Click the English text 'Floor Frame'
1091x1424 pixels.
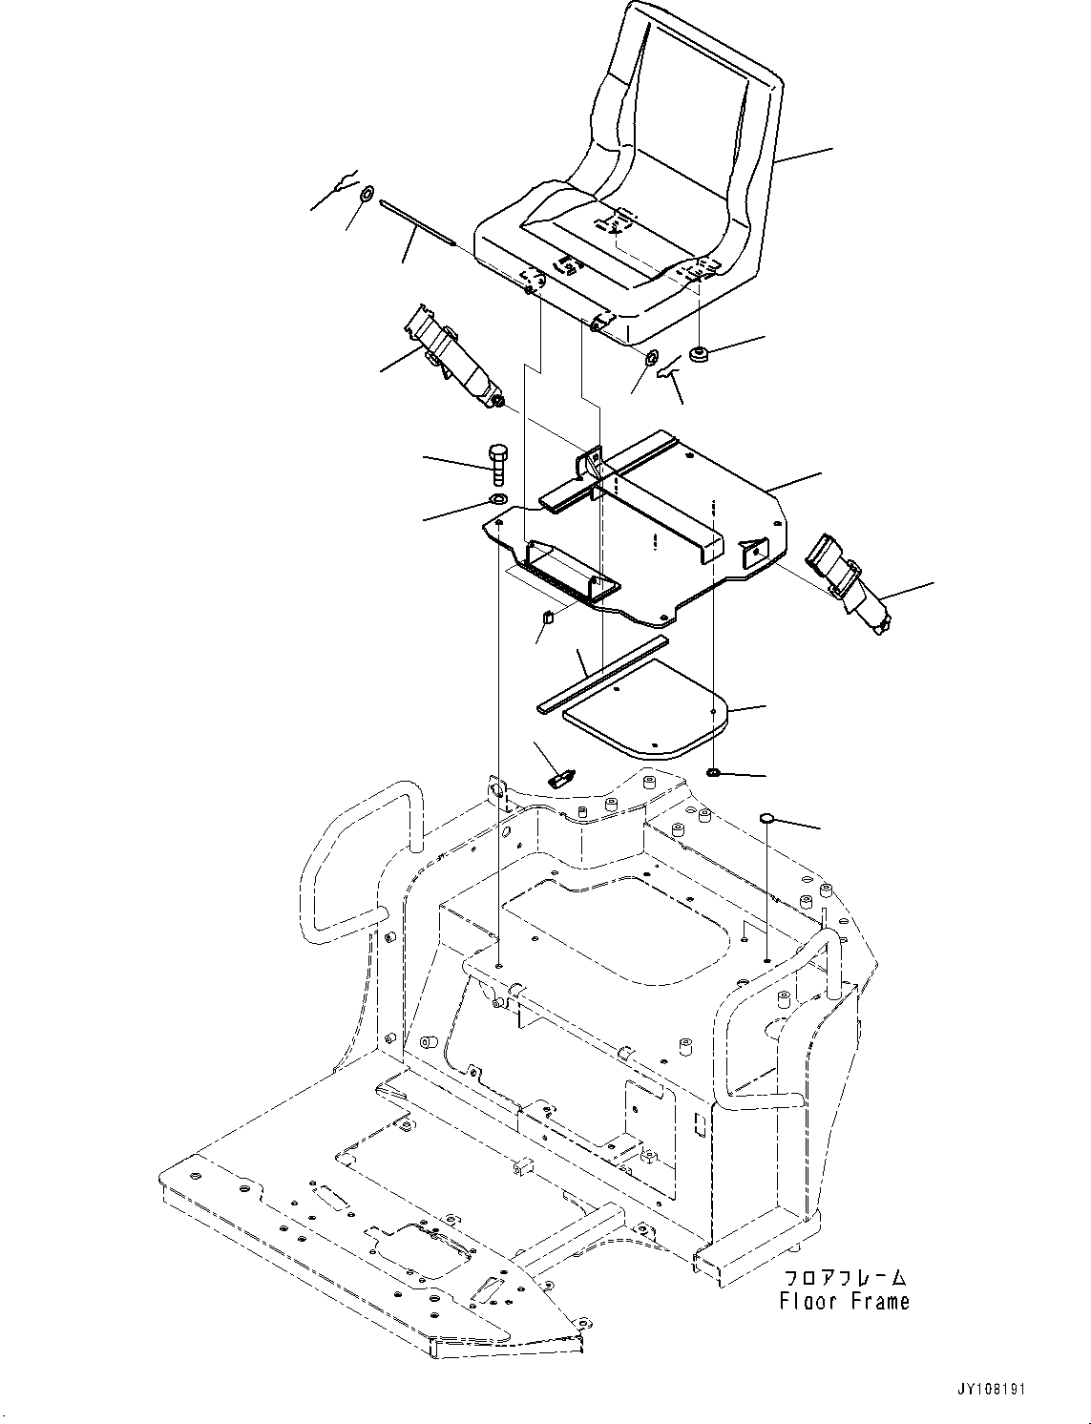pos(844,1301)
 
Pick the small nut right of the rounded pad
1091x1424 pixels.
pos(714,771)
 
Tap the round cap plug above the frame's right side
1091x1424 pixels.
pos(766,818)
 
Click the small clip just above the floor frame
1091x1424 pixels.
pos(559,776)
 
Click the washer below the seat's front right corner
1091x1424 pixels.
pos(652,359)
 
